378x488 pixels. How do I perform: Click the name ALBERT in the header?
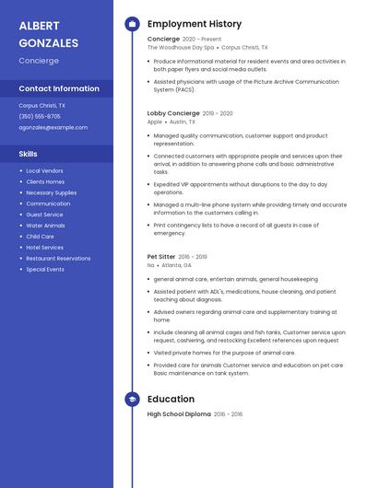pyautogui.click(x=39, y=25)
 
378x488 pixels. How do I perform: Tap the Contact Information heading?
pyautogui.click(x=59, y=88)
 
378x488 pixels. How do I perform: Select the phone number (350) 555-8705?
pyautogui.click(x=40, y=117)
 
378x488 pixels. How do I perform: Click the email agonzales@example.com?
pyautogui.click(x=53, y=127)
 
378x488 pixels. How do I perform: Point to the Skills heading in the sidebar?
pyautogui.click(x=29, y=154)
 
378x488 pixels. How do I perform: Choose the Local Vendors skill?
pyautogui.click(x=44, y=171)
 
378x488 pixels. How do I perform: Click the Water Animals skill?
pyautogui.click(x=45, y=226)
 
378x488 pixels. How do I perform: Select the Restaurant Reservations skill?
pyautogui.click(x=58, y=259)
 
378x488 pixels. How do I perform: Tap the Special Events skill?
pyautogui.click(x=45, y=270)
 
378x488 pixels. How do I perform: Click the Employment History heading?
pyautogui.click(x=195, y=24)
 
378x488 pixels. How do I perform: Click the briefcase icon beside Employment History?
pyautogui.click(x=132, y=24)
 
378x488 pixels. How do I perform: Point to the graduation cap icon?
pyautogui.click(x=132, y=399)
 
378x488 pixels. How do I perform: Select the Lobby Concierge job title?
pyautogui.click(x=172, y=113)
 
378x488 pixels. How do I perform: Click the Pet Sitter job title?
pyautogui.click(x=161, y=257)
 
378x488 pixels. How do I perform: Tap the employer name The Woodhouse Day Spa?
pyautogui.click(x=181, y=47)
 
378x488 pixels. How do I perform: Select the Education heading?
pyautogui.click(x=171, y=399)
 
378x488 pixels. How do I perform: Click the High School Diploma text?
pyautogui.click(x=179, y=414)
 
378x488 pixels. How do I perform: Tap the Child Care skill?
pyautogui.click(x=40, y=237)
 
